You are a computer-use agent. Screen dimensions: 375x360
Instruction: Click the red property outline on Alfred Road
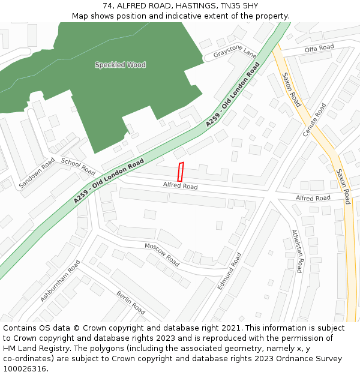(181, 172)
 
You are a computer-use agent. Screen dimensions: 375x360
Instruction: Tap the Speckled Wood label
(120, 65)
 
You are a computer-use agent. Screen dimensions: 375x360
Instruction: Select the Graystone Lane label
(235, 53)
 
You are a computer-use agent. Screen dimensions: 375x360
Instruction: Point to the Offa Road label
(319, 48)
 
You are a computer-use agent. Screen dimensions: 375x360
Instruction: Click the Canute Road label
(314, 119)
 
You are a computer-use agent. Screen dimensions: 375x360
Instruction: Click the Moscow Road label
(162, 254)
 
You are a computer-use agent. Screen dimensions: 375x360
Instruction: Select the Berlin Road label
(131, 302)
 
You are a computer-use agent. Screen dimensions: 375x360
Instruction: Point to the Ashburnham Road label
(60, 281)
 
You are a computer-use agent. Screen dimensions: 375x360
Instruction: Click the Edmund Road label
(229, 272)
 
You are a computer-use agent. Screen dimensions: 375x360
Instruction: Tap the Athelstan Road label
(297, 251)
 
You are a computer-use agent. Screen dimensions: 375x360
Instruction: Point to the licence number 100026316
(24, 368)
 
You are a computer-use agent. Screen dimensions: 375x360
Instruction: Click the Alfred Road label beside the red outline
(180, 187)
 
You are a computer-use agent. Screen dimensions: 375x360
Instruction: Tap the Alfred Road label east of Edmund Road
(313, 197)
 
